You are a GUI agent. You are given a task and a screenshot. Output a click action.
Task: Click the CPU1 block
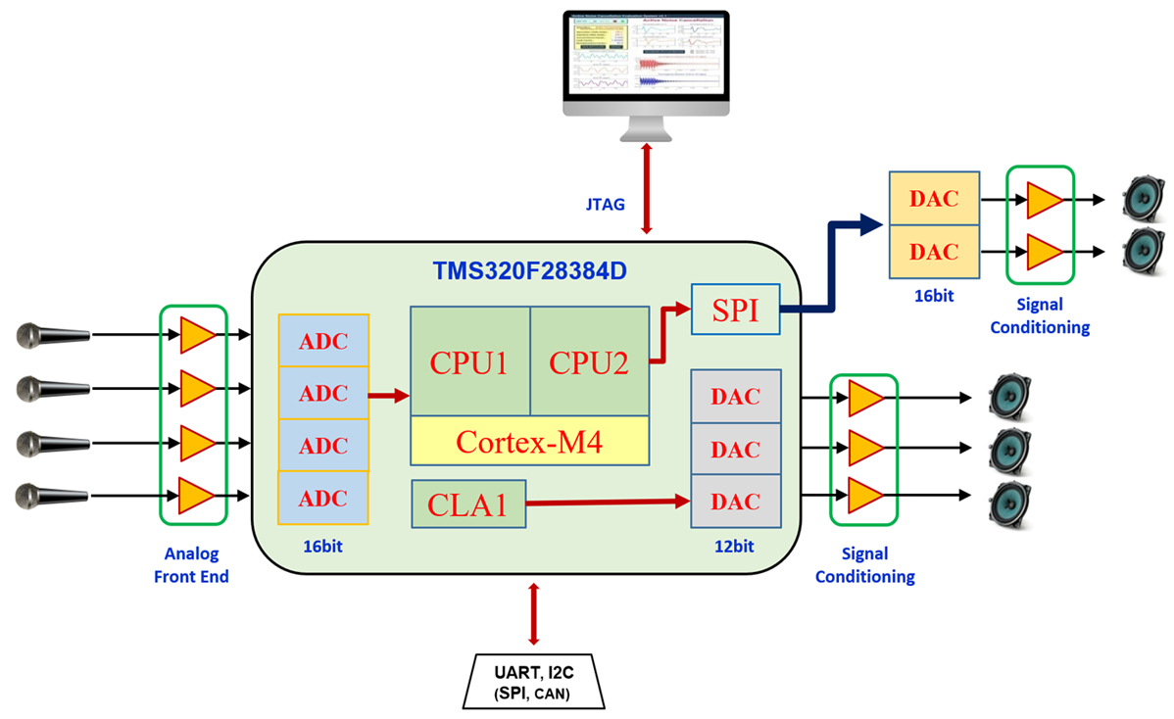tap(469, 361)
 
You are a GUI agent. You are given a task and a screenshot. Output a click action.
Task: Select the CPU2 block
tap(589, 361)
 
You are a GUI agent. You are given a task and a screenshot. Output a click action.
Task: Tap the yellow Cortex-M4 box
tap(529, 440)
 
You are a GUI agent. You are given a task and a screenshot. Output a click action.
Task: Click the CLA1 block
tap(468, 504)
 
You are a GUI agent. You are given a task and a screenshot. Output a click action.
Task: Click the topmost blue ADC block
tap(322, 340)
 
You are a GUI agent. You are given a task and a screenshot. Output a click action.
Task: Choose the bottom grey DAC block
tap(735, 503)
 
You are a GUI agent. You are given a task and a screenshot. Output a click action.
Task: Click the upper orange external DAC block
tap(932, 199)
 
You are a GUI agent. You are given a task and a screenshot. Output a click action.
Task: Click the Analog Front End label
tap(191, 565)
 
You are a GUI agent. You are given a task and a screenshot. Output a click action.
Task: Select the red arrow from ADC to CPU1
tap(388, 396)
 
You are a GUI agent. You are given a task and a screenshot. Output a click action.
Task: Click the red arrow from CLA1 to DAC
tap(609, 503)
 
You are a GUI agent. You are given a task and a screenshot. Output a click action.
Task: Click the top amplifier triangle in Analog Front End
tap(196, 336)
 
